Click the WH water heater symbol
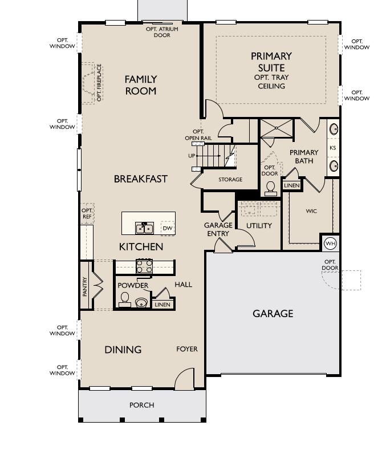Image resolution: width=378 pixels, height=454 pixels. click(330, 244)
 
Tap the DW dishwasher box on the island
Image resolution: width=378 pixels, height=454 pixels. click(167, 228)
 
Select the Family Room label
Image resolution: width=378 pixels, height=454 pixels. click(141, 85)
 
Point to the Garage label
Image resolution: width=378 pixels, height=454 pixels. click(273, 313)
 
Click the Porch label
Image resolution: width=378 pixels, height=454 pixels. click(141, 405)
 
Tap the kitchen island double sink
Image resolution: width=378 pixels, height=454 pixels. click(144, 228)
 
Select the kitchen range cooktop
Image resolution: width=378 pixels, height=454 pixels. click(144, 266)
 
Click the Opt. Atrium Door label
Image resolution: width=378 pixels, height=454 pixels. click(161, 32)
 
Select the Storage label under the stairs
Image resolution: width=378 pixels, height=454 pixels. click(230, 179)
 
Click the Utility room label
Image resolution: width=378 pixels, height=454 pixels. click(259, 225)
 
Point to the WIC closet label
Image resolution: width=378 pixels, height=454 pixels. click(311, 211)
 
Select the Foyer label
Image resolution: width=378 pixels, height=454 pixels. click(187, 348)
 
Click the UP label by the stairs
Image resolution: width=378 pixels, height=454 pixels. click(192, 156)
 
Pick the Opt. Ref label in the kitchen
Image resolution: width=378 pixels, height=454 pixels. click(87, 213)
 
